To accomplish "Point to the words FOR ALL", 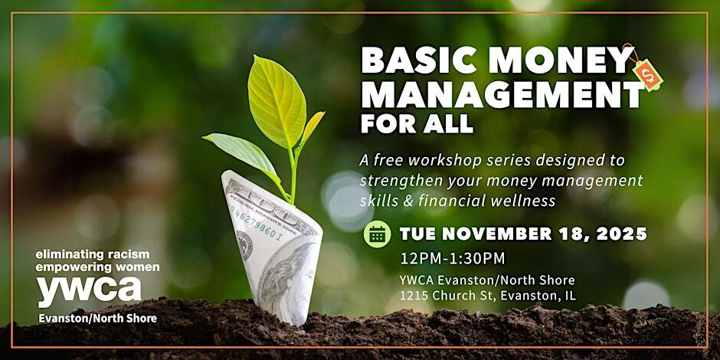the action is click(417, 123).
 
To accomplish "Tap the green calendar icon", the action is click(377, 234).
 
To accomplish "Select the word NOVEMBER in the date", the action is click(493, 234).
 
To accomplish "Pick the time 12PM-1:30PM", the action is click(452, 259).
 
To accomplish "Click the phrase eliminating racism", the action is click(93, 254).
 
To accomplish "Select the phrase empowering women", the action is click(97, 267).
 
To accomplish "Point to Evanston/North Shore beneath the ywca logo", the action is click(97, 318).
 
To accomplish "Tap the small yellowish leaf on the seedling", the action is click(313, 126).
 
